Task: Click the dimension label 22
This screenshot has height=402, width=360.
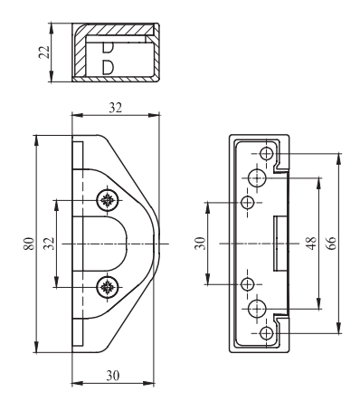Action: (x=44, y=52)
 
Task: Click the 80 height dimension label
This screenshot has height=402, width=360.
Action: (x=29, y=244)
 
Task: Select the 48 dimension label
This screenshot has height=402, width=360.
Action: (x=311, y=243)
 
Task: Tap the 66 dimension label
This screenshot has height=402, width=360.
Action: (x=331, y=243)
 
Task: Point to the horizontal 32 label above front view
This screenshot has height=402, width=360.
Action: (x=116, y=108)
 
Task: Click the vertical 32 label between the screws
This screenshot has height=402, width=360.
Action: (x=49, y=244)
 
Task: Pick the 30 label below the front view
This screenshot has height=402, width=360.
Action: (x=113, y=376)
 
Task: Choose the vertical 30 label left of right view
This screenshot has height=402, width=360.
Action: (x=200, y=244)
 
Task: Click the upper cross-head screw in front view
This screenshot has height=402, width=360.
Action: (x=108, y=200)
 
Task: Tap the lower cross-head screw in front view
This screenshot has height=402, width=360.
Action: (x=108, y=287)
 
